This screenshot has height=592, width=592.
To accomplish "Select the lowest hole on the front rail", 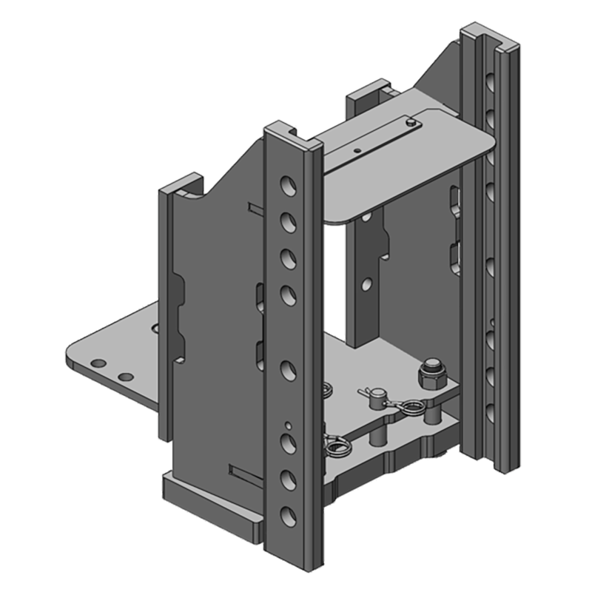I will (x=289, y=514).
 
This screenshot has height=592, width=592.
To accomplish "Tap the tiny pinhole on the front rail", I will (x=289, y=425).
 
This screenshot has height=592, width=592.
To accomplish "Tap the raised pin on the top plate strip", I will (x=408, y=119).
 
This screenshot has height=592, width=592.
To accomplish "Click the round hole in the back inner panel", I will (x=366, y=283).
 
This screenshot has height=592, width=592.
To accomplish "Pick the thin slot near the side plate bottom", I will (x=244, y=471).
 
